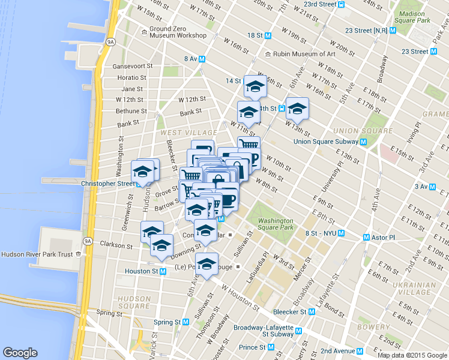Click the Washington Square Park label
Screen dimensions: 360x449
coord(276,224)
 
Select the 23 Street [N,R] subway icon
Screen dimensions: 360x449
coord(392,30)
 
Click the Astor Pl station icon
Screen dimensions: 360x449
coord(366,238)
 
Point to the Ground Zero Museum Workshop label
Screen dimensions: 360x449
coord(178,32)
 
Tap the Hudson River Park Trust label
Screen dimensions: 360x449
coord(37,254)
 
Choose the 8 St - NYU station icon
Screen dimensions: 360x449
coord(341,233)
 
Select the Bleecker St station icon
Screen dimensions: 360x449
coord(312,312)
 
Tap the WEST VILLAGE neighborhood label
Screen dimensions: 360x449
coord(188,132)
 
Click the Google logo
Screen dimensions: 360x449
coord(20,353)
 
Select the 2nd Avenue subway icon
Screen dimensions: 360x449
coord(360,351)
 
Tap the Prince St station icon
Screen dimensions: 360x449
coord(271,347)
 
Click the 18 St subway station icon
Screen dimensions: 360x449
coord(268,35)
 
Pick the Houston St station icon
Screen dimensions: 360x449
coord(163,271)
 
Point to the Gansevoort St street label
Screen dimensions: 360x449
coord(135,66)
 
